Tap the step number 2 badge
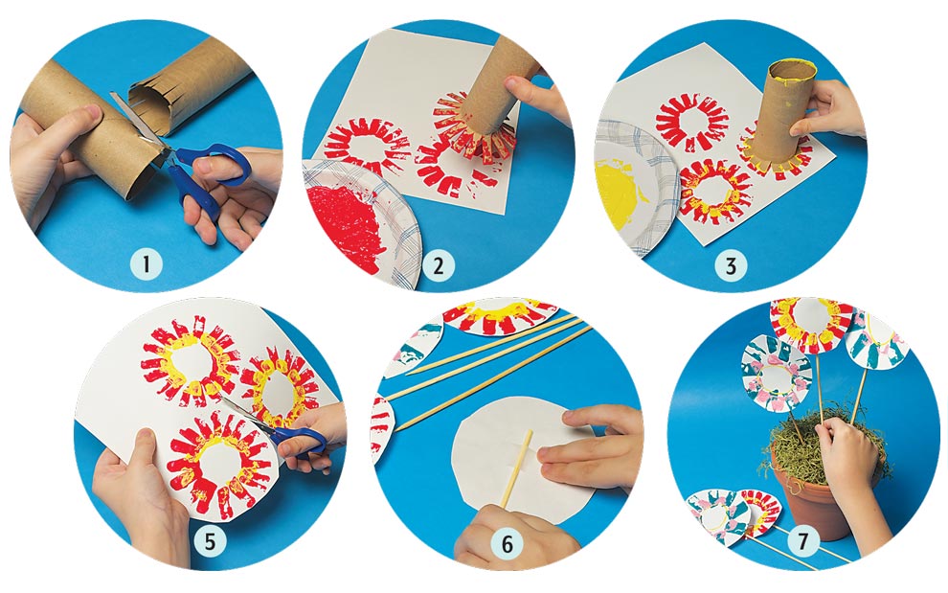pyautogui.click(x=439, y=265)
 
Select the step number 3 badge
pyautogui.click(x=731, y=265)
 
